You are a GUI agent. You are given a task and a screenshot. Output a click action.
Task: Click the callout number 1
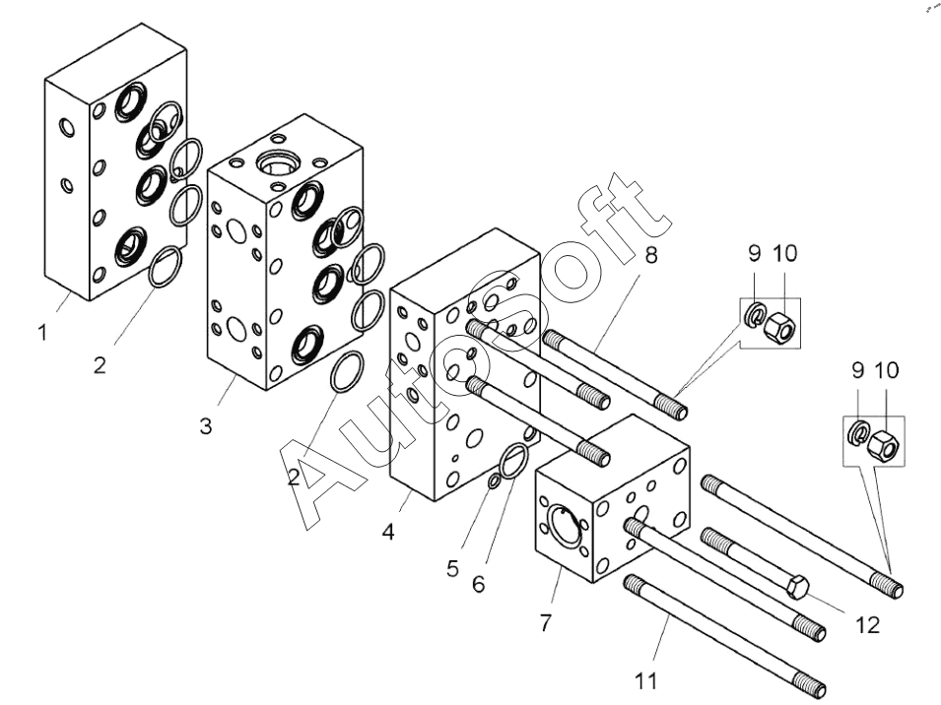(x=42, y=332)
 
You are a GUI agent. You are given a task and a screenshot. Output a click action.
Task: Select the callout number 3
(x=206, y=426)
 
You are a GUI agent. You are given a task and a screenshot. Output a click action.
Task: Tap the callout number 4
(x=388, y=532)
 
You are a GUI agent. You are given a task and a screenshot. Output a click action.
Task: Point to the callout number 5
(x=453, y=568)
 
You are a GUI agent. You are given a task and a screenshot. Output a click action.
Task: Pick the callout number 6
(x=478, y=583)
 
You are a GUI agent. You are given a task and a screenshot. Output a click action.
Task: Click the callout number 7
(x=545, y=623)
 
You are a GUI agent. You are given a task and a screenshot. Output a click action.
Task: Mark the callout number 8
(x=651, y=255)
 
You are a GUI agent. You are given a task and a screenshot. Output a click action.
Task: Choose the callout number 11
(x=645, y=681)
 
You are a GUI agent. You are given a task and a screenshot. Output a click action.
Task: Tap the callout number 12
(x=867, y=625)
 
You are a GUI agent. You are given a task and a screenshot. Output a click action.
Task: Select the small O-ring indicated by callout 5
(x=494, y=480)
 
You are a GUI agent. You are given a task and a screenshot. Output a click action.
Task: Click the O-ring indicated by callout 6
(x=514, y=461)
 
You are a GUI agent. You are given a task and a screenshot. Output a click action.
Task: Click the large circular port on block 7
(x=566, y=525)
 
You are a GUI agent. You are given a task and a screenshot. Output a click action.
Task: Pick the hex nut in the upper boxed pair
(x=780, y=326)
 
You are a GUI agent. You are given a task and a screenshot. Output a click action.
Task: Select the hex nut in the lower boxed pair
(x=883, y=445)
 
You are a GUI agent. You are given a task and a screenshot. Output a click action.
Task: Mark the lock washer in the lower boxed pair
(x=858, y=433)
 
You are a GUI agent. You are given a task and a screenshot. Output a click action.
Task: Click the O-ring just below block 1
(x=165, y=267)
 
